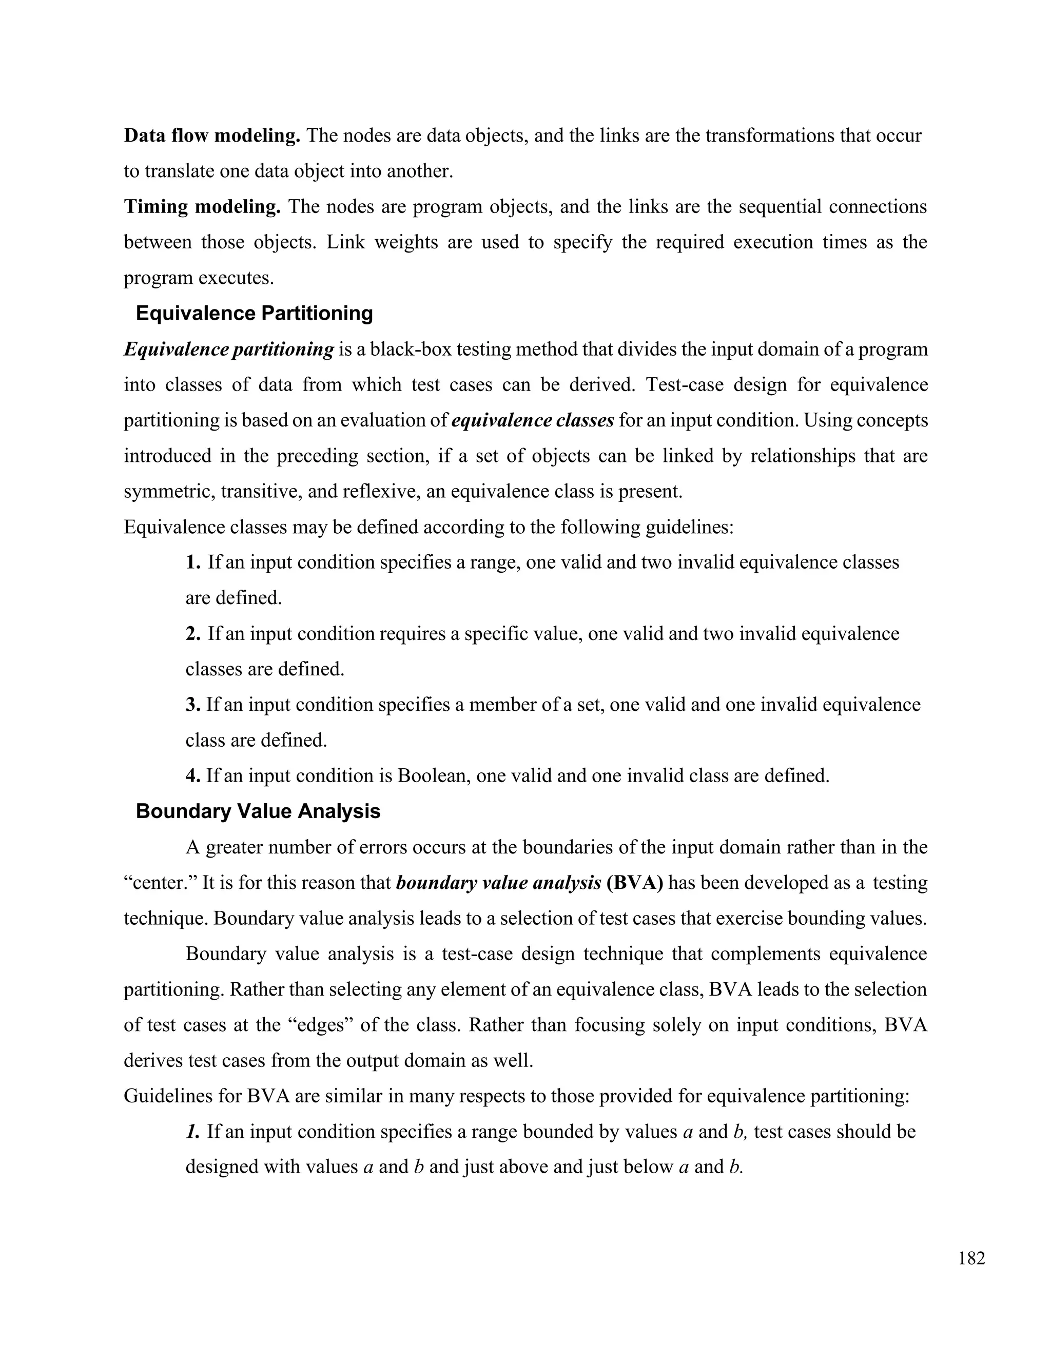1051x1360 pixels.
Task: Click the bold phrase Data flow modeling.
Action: point(212,136)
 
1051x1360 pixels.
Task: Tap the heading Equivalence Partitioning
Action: point(254,313)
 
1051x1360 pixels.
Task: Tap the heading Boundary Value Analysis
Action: point(258,811)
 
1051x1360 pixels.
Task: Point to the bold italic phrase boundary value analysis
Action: point(498,883)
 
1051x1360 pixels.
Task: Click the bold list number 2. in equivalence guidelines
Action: point(193,634)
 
